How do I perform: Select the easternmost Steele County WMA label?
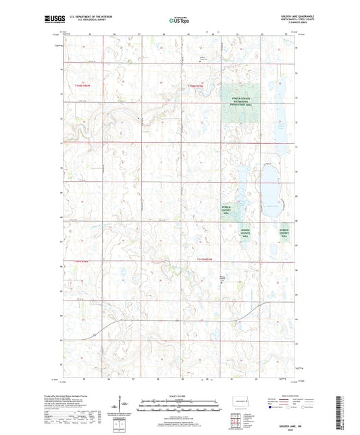pyautogui.click(x=286, y=234)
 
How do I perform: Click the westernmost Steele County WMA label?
pyautogui.click(x=231, y=209)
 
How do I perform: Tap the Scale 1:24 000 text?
pyautogui.click(x=180, y=396)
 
